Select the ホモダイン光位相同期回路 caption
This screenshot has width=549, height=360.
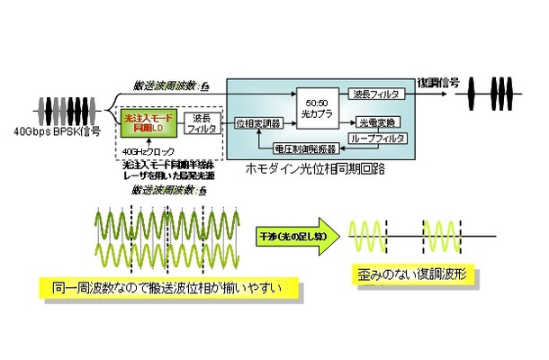[x=319, y=166]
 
